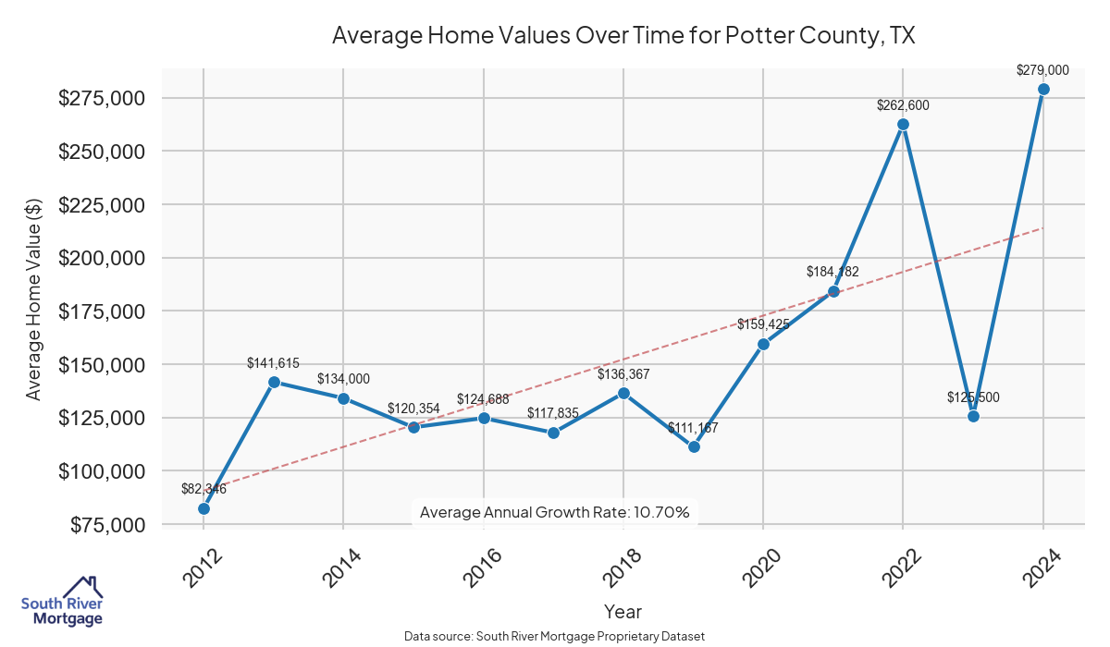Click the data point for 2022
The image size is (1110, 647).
(x=903, y=124)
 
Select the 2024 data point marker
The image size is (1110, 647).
(x=1043, y=89)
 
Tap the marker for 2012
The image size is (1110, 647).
(x=203, y=508)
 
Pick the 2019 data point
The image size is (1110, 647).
(x=694, y=446)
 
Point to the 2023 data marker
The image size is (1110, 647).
(x=973, y=416)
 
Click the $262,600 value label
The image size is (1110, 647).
(x=903, y=105)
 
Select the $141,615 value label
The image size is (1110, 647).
(x=273, y=363)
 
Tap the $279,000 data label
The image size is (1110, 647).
(x=1042, y=70)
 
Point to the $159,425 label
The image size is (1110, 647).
(x=763, y=324)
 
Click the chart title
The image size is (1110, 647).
(x=623, y=36)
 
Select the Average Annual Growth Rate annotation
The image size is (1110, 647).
(x=555, y=512)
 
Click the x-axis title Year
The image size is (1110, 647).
(x=623, y=611)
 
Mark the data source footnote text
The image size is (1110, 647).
(x=555, y=637)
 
